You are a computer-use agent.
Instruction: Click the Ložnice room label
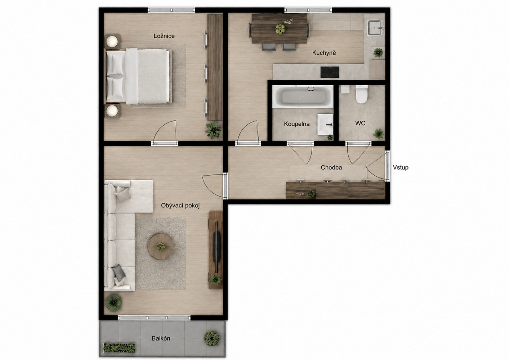[x=164, y=36]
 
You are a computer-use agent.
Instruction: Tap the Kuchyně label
[x=324, y=53]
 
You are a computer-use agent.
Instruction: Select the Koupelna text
[x=297, y=124]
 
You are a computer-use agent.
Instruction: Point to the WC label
[x=360, y=123]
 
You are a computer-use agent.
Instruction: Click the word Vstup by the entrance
[x=401, y=167]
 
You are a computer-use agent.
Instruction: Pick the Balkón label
[x=161, y=338]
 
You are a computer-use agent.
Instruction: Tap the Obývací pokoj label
[x=180, y=206]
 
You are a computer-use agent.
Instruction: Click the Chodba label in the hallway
[x=331, y=167]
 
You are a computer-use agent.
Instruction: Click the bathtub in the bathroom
[x=303, y=97]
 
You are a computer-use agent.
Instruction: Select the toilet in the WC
[x=362, y=94]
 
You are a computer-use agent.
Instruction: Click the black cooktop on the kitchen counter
[x=330, y=72]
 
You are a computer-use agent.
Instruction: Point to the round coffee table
[x=161, y=247]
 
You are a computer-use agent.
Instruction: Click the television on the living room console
[x=217, y=247]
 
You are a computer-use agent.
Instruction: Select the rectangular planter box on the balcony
[x=119, y=348]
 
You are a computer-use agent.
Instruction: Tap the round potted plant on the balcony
[x=212, y=338]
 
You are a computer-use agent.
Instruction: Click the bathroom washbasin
[x=325, y=125]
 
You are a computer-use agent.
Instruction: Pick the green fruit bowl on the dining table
[x=280, y=29]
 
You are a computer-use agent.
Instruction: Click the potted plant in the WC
[x=378, y=134]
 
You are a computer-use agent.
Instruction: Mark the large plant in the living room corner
[x=114, y=303]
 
